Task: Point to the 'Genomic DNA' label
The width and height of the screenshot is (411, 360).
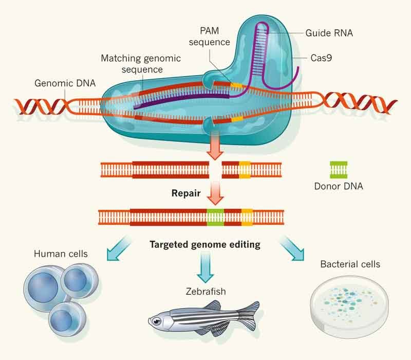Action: [x=60, y=82]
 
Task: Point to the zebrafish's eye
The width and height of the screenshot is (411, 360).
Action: [x=156, y=320]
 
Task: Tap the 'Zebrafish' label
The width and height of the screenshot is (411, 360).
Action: [x=206, y=292]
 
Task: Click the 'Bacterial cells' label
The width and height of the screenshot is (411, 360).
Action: [x=350, y=264]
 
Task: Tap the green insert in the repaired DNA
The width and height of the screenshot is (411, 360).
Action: [x=215, y=217]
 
